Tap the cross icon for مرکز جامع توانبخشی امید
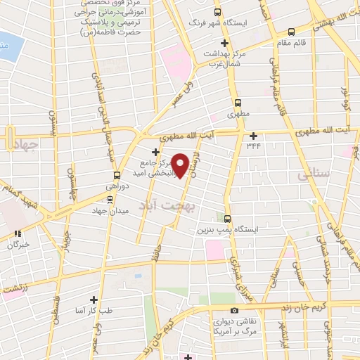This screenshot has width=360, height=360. [x=155, y=152]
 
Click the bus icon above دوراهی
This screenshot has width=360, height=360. [x=117, y=176]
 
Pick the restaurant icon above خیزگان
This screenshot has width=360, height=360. [x=18, y=233]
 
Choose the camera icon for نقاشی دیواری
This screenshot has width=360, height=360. [x=234, y=310]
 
